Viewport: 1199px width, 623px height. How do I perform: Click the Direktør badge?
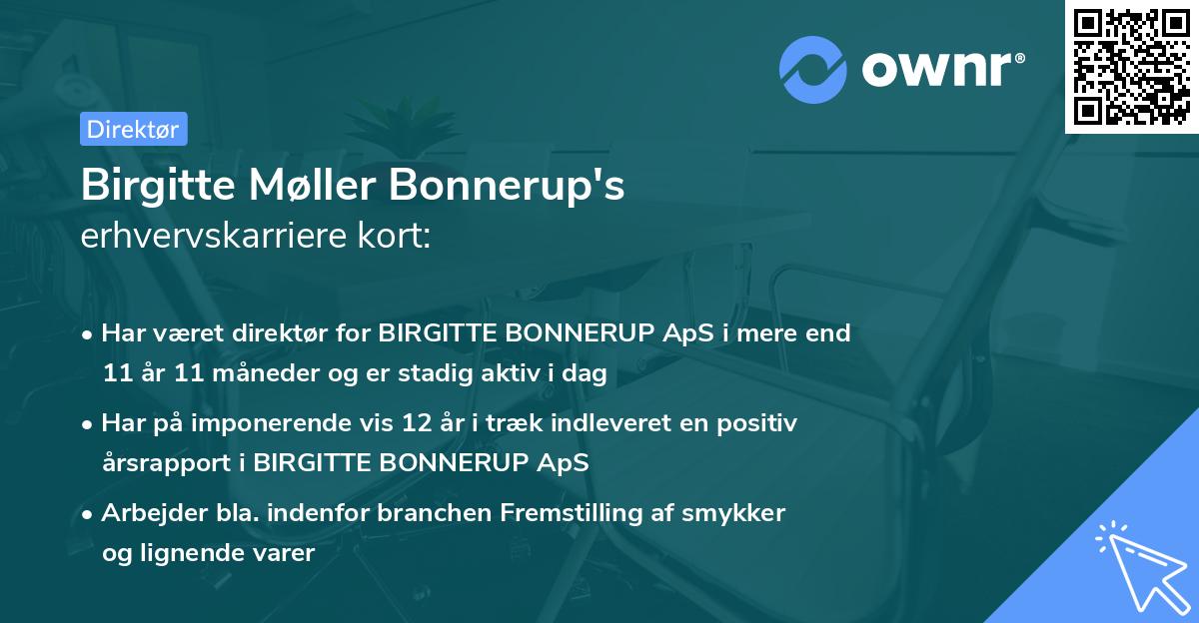[133, 129]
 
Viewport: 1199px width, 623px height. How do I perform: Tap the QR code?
[1131, 67]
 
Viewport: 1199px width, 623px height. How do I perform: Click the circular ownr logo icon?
[812, 67]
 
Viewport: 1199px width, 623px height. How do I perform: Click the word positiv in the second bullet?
[763, 423]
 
